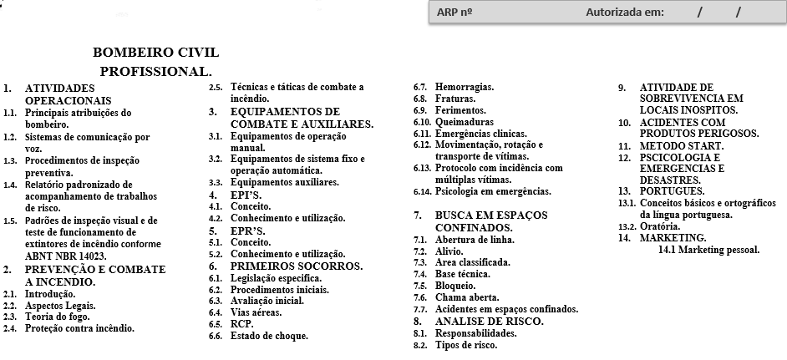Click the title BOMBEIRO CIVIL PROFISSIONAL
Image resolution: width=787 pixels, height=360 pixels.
click(x=155, y=63)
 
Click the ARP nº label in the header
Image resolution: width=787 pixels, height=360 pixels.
click(x=455, y=13)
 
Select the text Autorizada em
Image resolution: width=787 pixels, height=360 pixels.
click(x=625, y=13)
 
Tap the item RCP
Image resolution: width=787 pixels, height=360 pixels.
click(x=242, y=324)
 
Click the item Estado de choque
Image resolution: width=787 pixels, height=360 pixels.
click(x=269, y=336)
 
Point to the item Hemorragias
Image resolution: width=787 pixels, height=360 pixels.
click(x=465, y=87)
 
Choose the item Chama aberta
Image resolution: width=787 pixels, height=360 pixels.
click(x=467, y=297)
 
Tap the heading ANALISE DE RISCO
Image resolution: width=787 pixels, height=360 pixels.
click(x=489, y=321)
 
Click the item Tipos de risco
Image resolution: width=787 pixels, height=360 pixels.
click(x=465, y=345)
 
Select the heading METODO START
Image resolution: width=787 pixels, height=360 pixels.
click(x=682, y=145)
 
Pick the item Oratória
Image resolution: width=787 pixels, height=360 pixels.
click(x=660, y=226)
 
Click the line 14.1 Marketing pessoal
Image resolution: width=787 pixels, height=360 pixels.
click(x=708, y=250)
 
